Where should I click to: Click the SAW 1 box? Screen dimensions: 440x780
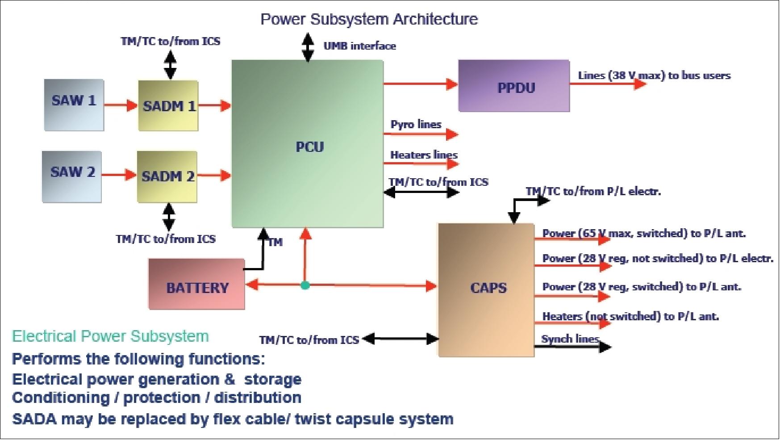point(74,105)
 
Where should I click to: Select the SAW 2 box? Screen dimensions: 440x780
point(72,176)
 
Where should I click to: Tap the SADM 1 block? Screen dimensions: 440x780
point(168,106)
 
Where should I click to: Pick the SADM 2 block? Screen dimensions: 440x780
point(167,176)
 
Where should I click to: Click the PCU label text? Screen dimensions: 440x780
point(309,147)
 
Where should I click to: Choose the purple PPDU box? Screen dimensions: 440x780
point(514,86)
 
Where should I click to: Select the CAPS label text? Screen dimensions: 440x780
point(488,288)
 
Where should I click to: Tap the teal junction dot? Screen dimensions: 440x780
point(305,285)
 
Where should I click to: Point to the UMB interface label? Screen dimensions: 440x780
point(359,46)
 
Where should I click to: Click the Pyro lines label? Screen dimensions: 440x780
point(416,124)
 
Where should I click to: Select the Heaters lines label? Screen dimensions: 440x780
point(424,155)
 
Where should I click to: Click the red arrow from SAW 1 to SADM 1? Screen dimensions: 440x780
point(121,105)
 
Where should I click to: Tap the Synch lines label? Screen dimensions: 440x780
point(570,339)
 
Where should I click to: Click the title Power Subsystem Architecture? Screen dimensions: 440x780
point(369,19)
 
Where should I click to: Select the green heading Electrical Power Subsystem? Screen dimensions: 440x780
point(110,336)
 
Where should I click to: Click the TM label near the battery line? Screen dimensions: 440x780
point(275,242)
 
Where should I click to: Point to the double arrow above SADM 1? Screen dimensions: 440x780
point(170,65)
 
